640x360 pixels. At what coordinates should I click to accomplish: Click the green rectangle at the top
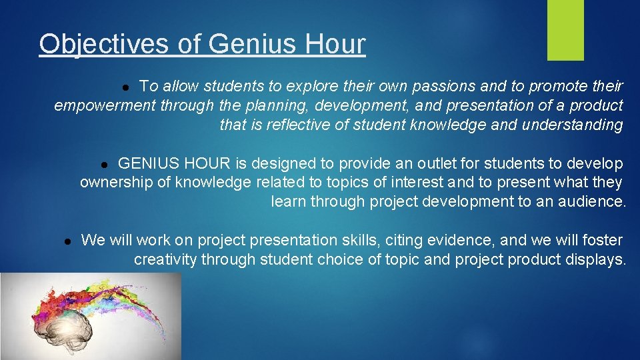pos(565,30)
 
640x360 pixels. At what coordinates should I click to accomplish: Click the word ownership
pos(118,183)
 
